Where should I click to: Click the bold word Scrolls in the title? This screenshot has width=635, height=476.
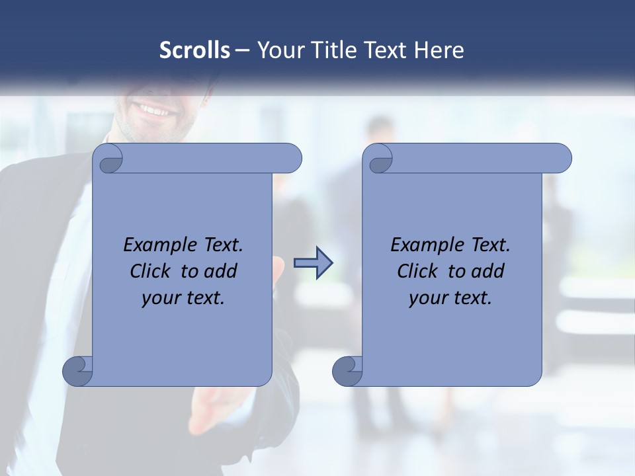[195, 50]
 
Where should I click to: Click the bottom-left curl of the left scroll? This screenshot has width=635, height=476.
[78, 371]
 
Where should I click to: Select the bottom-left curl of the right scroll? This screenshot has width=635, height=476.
[347, 371]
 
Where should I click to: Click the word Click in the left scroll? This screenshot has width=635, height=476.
[145, 272]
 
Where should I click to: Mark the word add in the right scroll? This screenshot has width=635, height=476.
[489, 272]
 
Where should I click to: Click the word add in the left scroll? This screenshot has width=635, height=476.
[222, 272]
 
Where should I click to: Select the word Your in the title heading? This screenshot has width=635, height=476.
[279, 50]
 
